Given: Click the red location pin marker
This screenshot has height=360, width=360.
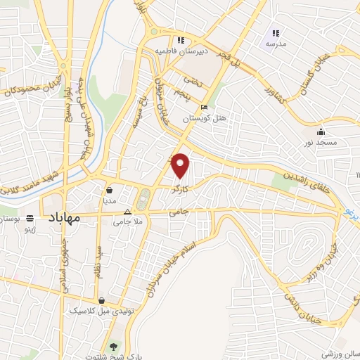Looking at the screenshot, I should pos(181,166).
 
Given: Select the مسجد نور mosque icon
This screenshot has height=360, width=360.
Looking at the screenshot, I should pos(321,131).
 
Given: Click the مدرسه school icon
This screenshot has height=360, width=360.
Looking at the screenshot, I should pos(276,33).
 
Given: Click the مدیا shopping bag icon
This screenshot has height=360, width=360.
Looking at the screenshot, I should pos(110,189).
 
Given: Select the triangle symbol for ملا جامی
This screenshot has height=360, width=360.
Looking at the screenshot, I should pos(127,211).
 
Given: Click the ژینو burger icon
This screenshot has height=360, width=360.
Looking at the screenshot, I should pos(30,219).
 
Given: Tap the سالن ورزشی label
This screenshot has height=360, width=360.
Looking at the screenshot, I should pos(339,349).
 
